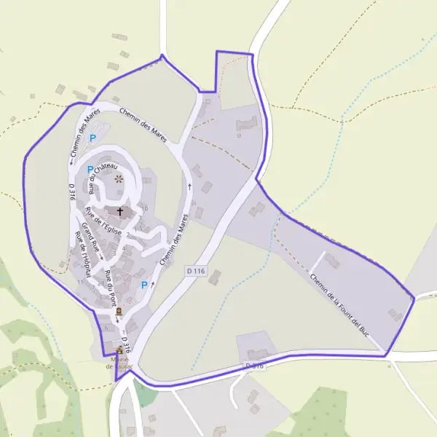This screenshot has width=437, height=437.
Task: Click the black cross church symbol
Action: point(119,211)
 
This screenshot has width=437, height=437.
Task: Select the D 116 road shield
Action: point(196,271)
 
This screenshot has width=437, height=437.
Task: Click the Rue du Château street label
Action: point(101,177)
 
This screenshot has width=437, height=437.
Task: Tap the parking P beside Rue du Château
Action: point(90,170)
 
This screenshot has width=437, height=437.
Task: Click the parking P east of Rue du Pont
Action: point(143,285)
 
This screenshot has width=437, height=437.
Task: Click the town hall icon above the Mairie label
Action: point(119,350)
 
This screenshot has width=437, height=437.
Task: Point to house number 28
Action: point(101,283)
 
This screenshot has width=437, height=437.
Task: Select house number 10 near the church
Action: point(144,208)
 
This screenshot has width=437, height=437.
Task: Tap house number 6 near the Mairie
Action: point(106,328)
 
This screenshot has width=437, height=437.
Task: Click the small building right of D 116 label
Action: point(215,277)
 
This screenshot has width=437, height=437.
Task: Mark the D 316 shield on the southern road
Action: point(253,365)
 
